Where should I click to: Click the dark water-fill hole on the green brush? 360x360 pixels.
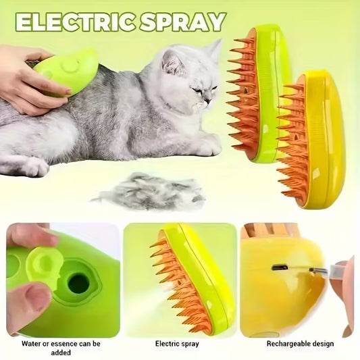click(x=78, y=283)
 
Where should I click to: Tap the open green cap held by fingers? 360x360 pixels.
click(x=43, y=265)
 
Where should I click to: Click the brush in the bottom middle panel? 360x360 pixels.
click(x=192, y=277)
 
